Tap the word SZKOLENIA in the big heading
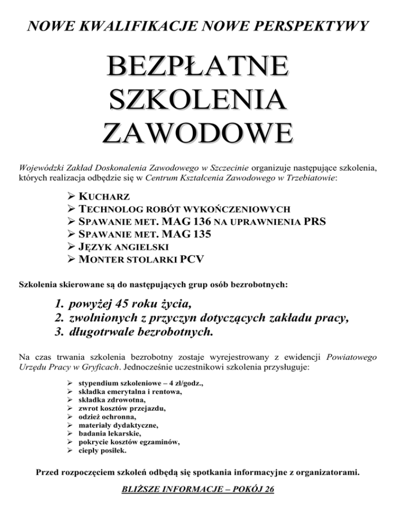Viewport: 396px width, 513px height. pos(199,100)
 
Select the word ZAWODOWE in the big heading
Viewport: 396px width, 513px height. pos(199,132)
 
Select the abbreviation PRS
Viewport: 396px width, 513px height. pos(315,221)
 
